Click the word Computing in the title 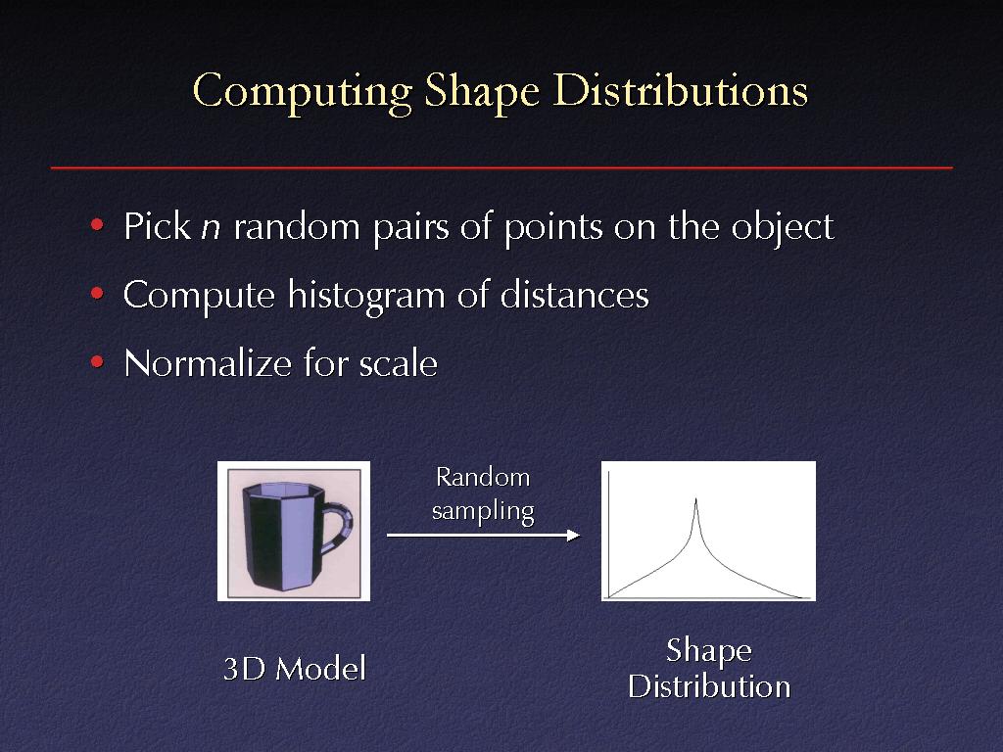coord(303,92)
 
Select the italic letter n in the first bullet coord(212,229)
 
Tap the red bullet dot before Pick coord(97,224)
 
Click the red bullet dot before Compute coord(97,294)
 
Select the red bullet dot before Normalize coord(97,362)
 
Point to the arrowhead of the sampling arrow coord(574,535)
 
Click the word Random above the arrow coord(483,478)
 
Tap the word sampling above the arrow coord(483,512)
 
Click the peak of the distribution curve coord(696,499)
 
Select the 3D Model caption coord(294,669)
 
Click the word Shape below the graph coord(709,651)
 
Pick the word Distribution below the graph coord(709,686)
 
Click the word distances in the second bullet coord(574,295)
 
